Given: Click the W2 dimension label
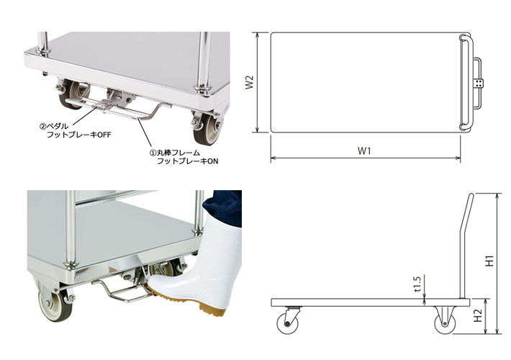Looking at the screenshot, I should [x=249, y=84].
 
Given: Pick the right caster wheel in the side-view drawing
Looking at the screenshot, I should [x=443, y=321].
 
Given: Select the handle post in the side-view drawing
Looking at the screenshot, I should [x=463, y=245].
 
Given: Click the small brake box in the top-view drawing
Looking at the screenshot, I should [x=477, y=84].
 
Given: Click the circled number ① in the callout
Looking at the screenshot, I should [x=153, y=153].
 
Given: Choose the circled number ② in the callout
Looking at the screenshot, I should [x=42, y=125].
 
